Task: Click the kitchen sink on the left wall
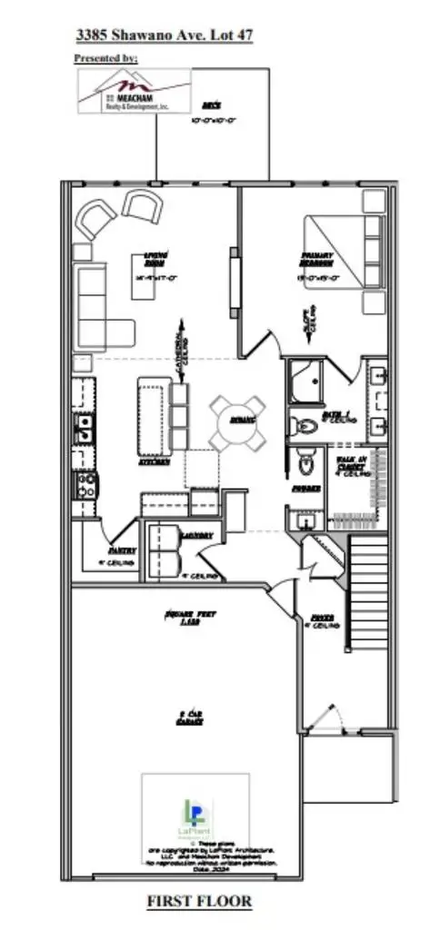pos(83,428)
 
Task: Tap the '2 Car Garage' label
pos(190,717)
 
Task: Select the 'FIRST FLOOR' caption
pos(199,901)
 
